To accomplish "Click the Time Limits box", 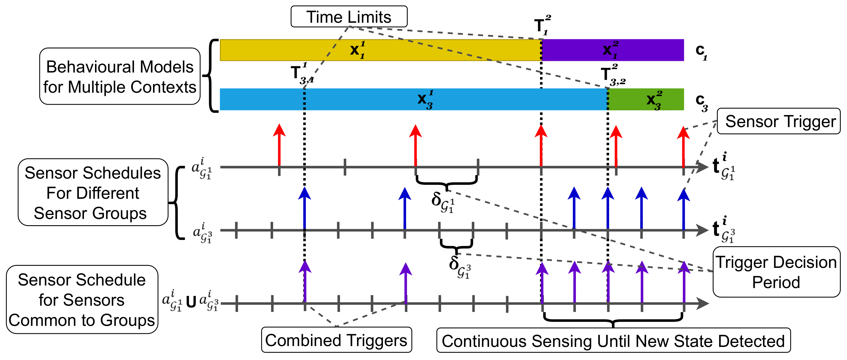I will point(349,16).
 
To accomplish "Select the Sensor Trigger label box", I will point(778,121).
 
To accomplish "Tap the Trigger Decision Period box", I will point(776,272).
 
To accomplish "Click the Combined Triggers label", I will point(336,340).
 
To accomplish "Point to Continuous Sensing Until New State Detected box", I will point(613,341).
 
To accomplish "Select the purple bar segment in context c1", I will point(613,50).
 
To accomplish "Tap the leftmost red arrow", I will point(279,145).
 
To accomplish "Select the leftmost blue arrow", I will point(304,207).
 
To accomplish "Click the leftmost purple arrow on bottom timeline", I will point(305,281).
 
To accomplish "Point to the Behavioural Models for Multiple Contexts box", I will point(120,76).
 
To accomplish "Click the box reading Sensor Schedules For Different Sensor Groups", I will point(93,193).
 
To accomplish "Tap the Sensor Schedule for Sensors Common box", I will point(82,300).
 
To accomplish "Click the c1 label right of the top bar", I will point(701,52).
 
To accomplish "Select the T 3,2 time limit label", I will point(612,75).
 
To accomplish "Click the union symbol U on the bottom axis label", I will point(191,301).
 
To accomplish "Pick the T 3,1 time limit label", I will point(302,74).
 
